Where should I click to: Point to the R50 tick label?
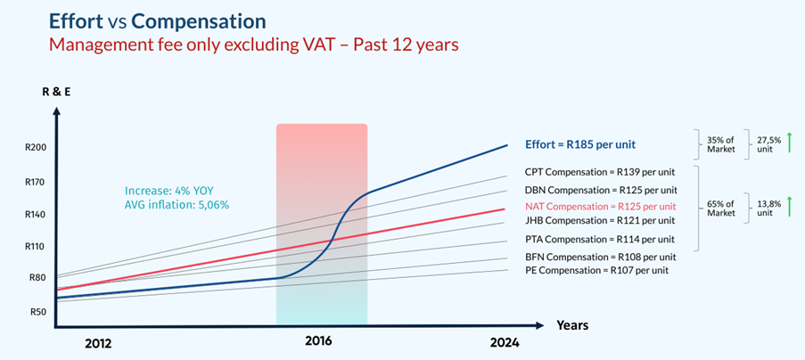[37, 312]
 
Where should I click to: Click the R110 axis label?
[35, 246]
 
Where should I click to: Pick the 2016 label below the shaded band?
[319, 340]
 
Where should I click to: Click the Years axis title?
[572, 325]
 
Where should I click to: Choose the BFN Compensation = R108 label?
[597, 256]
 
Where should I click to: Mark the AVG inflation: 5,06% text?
[177, 205]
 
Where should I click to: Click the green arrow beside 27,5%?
[789, 143]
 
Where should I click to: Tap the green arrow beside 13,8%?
[789, 207]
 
